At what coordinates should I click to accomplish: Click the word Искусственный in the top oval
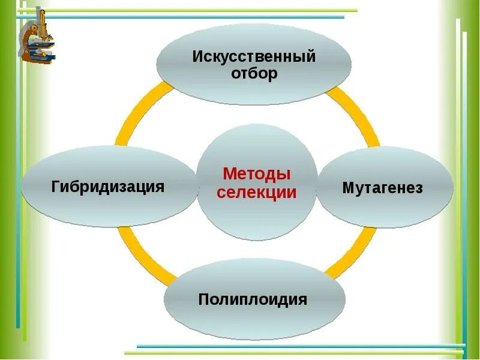click(254, 58)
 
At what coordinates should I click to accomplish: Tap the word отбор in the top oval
click(254, 74)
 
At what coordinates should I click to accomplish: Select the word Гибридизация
click(108, 187)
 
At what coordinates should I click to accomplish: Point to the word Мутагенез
click(383, 188)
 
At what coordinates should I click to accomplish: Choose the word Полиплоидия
click(253, 299)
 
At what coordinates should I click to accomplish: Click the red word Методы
click(257, 174)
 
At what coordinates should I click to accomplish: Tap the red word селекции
click(257, 193)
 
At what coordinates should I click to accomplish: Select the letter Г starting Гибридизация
click(56, 186)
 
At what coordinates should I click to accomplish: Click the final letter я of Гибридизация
click(160, 187)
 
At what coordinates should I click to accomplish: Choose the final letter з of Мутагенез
click(419, 188)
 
